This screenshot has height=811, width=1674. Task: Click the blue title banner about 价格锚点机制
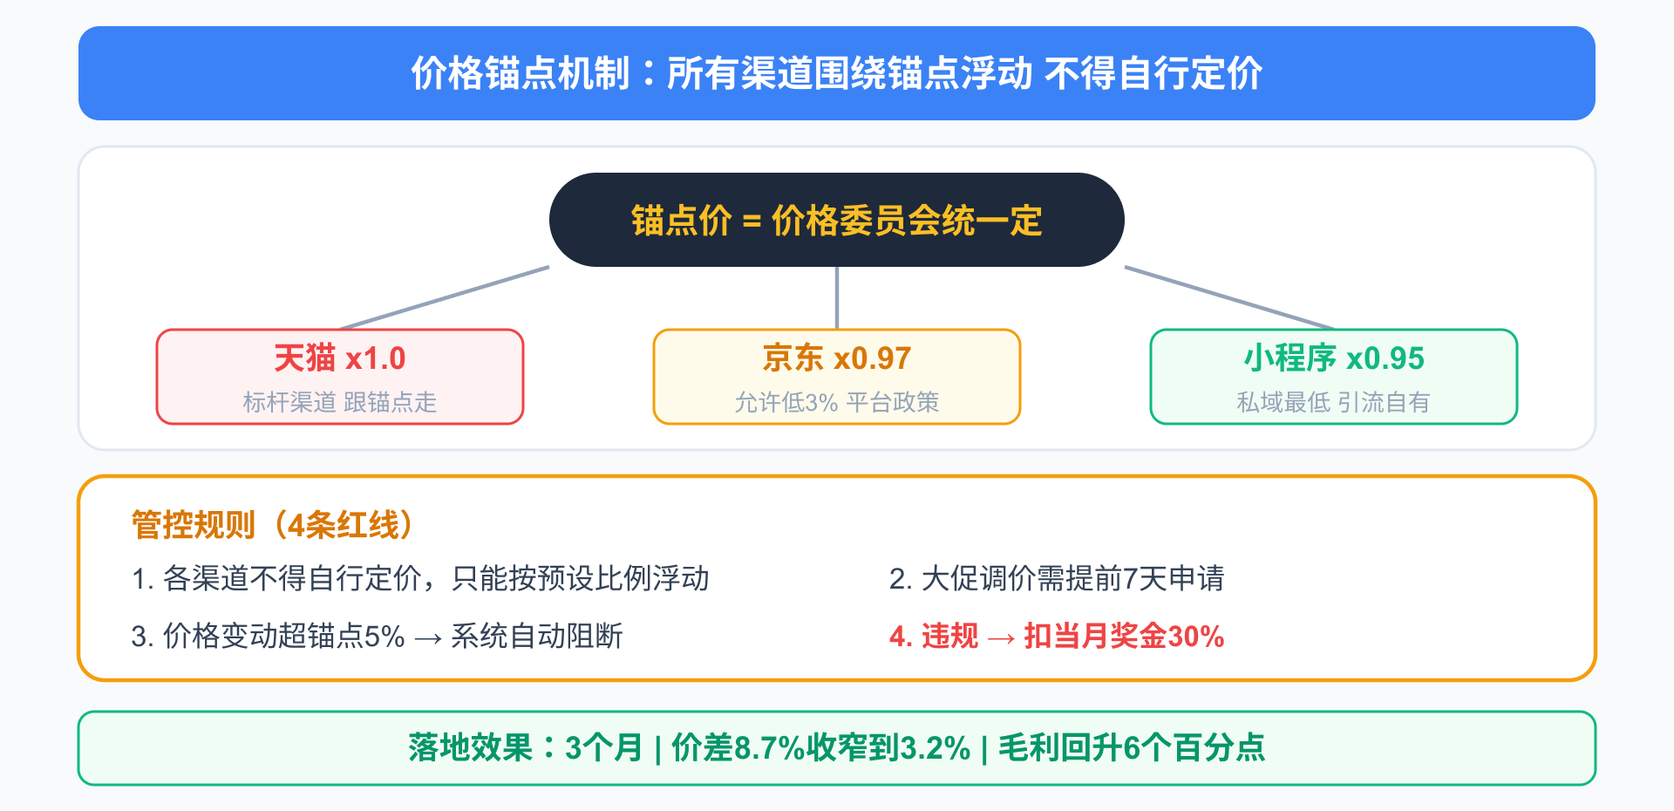tap(837, 73)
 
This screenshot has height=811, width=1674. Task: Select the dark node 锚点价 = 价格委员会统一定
tap(837, 220)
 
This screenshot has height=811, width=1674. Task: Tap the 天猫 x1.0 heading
tap(340, 358)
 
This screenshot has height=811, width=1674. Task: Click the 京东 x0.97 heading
tap(837, 358)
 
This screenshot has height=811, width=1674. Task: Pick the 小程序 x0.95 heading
tap(1334, 358)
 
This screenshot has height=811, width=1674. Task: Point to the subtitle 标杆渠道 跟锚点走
tap(340, 402)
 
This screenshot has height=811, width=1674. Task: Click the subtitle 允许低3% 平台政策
tap(837, 402)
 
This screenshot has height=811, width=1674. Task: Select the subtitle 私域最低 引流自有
tap(1334, 402)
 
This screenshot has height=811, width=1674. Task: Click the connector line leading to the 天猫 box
tap(445, 298)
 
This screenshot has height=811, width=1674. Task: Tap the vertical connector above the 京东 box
tap(837, 298)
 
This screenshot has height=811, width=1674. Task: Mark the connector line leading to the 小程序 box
tap(1229, 298)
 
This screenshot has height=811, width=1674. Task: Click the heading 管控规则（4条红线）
tap(272, 525)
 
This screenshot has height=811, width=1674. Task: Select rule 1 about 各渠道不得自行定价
tap(420, 578)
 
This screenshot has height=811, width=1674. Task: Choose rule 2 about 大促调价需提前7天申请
tap(1057, 578)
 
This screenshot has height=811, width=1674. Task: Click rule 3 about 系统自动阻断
tap(377, 636)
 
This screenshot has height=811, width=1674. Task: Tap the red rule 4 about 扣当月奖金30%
tap(1057, 636)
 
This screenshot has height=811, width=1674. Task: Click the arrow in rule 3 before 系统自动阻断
tap(428, 638)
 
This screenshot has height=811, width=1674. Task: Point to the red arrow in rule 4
tap(1001, 638)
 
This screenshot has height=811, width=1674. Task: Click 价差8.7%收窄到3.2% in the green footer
tap(821, 748)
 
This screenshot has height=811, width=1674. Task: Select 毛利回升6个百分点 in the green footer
tap(1132, 748)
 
